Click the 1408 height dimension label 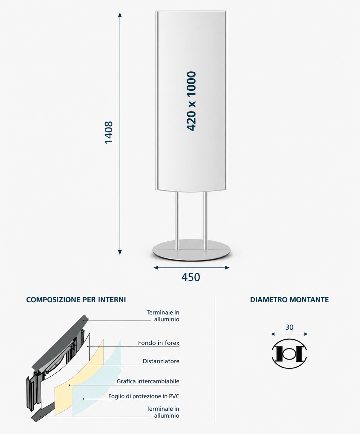108,133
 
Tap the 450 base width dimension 191,277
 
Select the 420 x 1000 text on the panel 191,101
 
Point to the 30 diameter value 289,327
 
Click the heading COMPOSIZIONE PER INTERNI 76,300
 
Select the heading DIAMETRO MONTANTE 289,300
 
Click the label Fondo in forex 159,343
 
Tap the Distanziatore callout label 161,361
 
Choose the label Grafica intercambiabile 148,381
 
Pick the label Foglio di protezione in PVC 144,396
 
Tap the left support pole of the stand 177,221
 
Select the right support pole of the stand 205,221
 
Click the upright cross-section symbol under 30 289,354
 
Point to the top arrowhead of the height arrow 120,15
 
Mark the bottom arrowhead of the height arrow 120,252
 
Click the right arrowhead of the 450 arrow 227,268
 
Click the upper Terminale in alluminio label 163,316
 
